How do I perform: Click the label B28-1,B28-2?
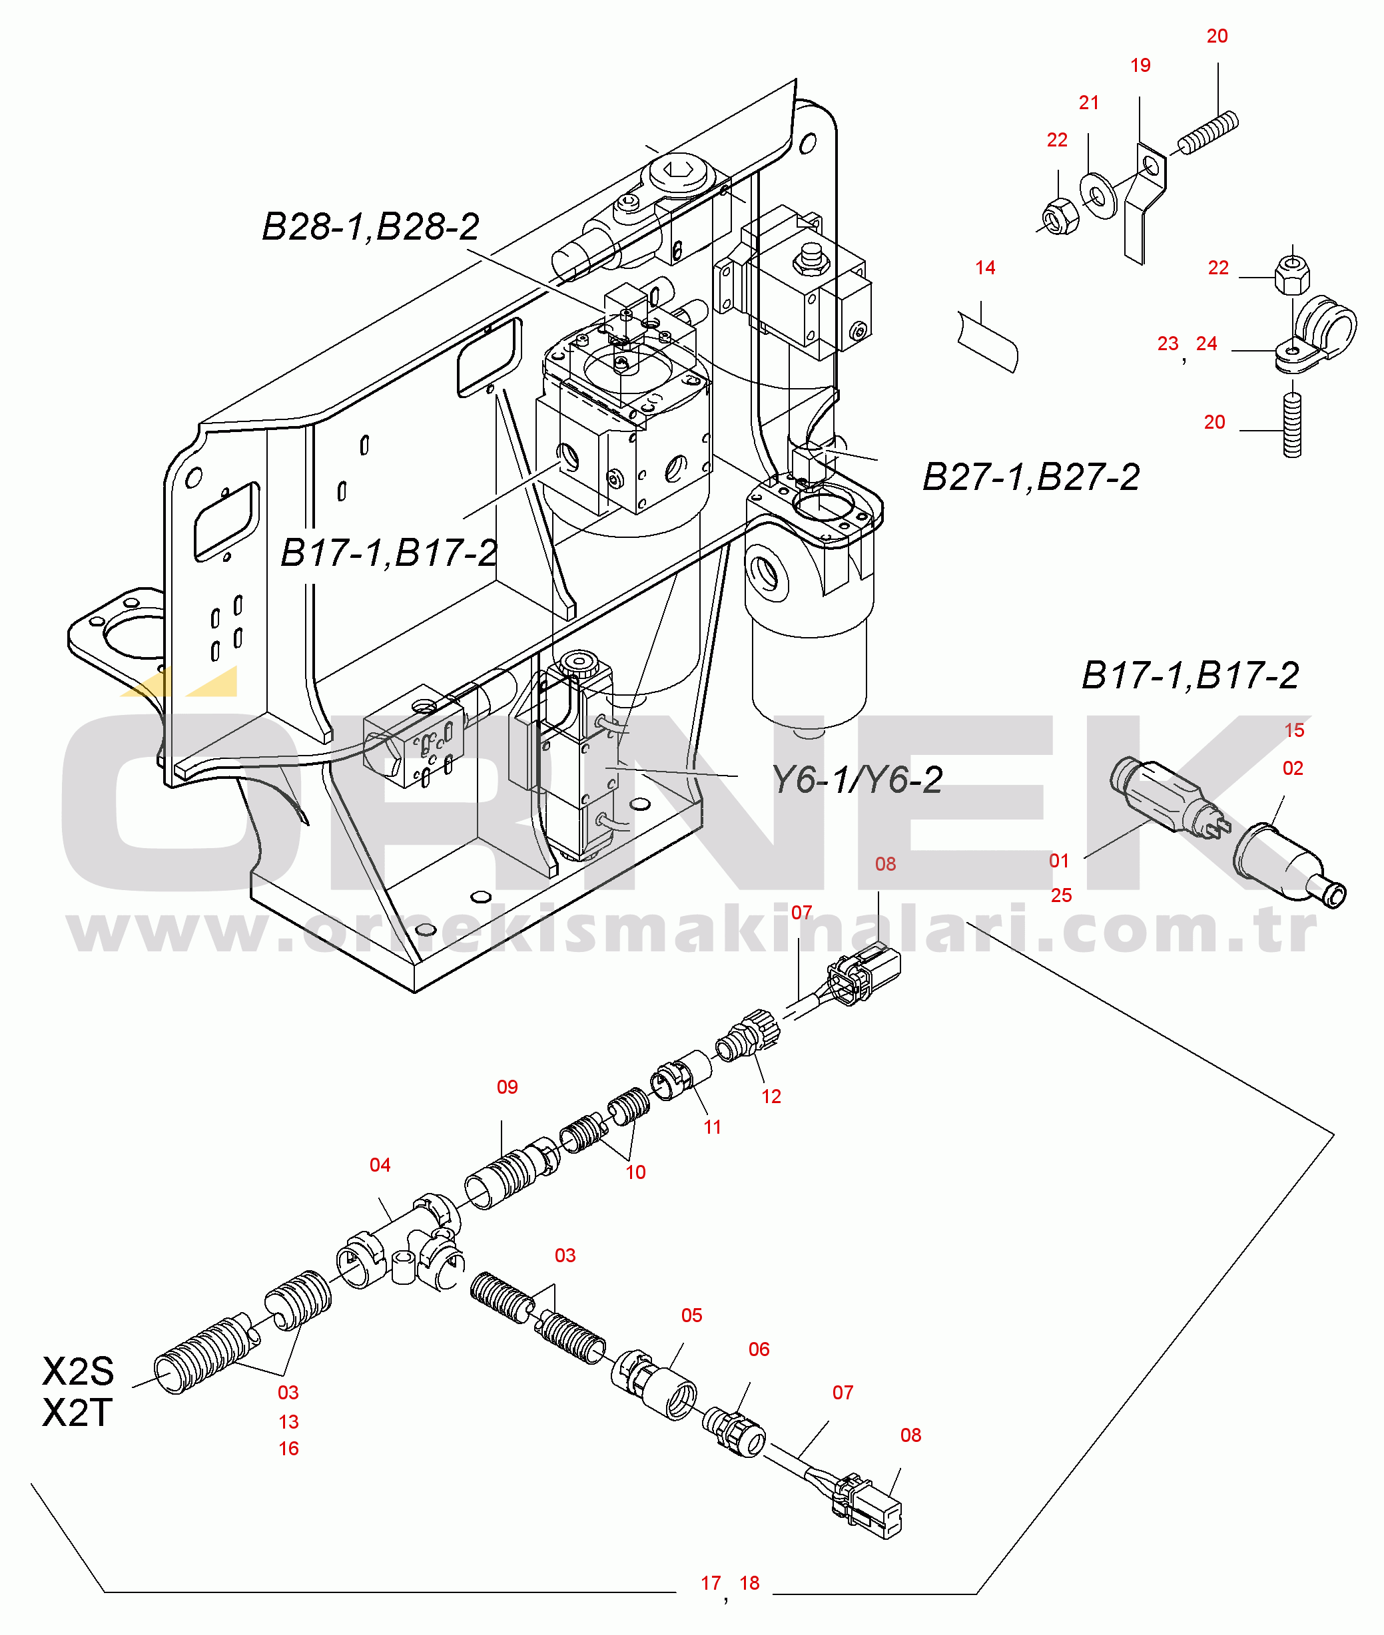tap(370, 228)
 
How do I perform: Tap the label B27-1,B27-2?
tap(1030, 477)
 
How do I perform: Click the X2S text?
tap(78, 1371)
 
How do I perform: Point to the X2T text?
tap(77, 1413)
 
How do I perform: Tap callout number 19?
tap(1140, 66)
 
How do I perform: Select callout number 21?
tap(1088, 103)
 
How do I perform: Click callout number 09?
tap(507, 1087)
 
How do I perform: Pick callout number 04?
tap(380, 1165)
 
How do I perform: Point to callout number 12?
tap(771, 1097)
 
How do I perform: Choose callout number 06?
tap(759, 1349)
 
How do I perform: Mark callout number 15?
tap(1294, 731)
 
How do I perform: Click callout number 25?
tap(1061, 895)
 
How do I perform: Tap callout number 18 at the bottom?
tap(749, 1583)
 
